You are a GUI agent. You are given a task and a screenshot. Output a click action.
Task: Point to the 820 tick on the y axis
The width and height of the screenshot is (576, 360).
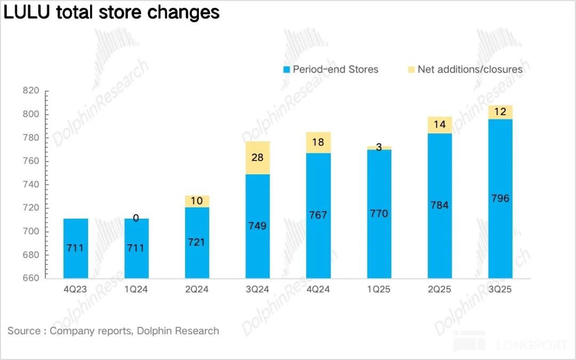(x=31, y=91)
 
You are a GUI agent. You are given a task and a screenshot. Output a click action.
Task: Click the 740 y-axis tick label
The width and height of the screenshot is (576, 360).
(x=31, y=185)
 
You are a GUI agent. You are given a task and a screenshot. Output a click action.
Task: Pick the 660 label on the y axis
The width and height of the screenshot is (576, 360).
(x=31, y=278)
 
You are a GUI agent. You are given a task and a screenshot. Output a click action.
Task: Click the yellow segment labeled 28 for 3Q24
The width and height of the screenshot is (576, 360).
(x=258, y=158)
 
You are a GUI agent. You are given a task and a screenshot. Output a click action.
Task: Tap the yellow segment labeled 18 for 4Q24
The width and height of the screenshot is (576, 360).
(x=318, y=142)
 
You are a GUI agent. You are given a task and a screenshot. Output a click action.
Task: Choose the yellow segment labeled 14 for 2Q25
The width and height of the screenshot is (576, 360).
(x=440, y=125)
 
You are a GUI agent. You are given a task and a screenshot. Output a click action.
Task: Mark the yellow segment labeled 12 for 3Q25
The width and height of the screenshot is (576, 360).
(x=500, y=113)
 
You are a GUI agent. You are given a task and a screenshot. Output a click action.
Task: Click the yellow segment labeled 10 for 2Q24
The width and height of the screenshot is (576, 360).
(x=197, y=201)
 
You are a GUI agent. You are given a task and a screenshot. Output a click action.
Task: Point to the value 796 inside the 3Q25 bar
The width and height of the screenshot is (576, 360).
(x=500, y=199)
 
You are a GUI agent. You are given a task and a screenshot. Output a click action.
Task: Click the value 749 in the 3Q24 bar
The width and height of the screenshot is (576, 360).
(x=258, y=226)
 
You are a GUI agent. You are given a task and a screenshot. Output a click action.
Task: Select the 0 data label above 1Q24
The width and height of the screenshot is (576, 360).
(x=136, y=218)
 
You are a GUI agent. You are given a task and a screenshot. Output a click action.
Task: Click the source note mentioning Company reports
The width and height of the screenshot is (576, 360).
(x=113, y=331)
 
